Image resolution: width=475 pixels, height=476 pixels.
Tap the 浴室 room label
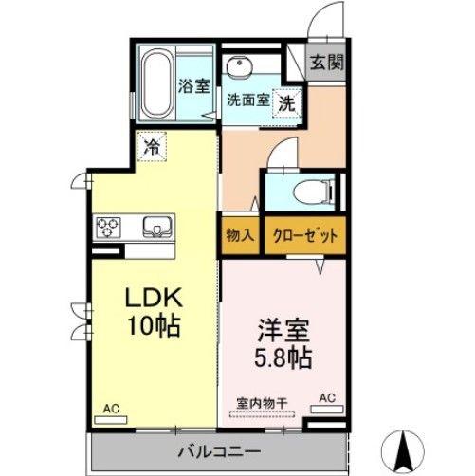[x=194, y=85]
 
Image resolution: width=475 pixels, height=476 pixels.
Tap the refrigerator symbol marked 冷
[x=152, y=146]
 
